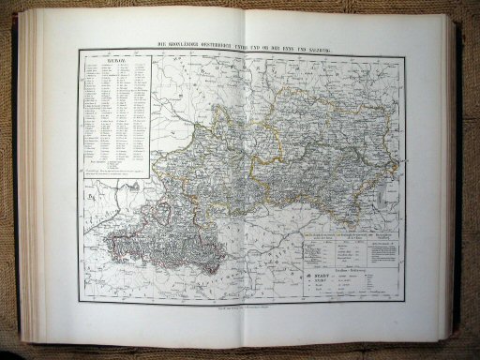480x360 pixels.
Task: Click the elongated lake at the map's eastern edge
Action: pos(397,169)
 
